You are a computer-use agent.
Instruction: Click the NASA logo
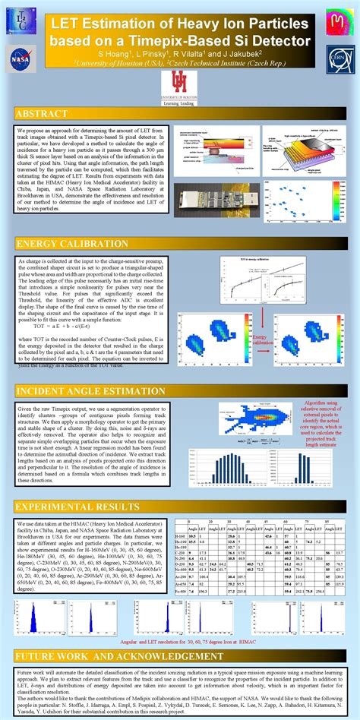(21, 57)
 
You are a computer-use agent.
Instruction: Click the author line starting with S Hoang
(179, 55)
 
